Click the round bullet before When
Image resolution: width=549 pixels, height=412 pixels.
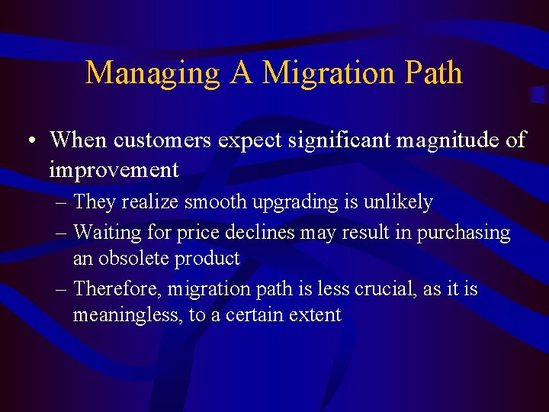click(x=29, y=141)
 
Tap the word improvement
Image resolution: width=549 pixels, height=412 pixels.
click(x=114, y=170)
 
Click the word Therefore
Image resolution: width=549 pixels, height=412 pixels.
click(x=117, y=289)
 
